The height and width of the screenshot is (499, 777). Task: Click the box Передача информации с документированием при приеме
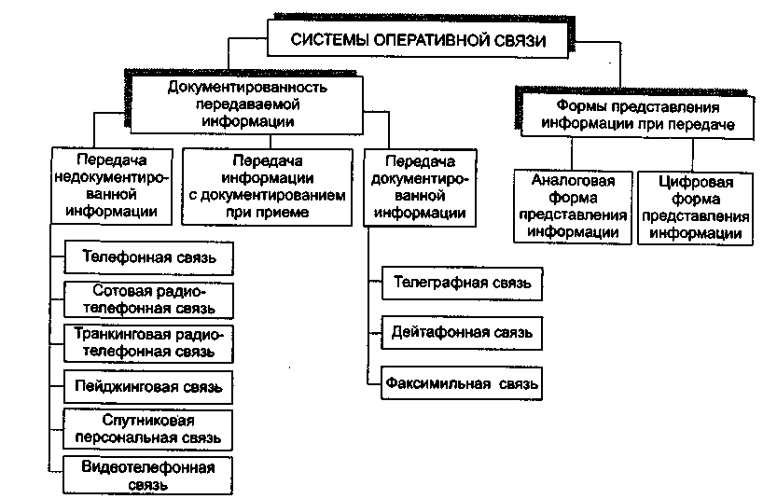click(266, 185)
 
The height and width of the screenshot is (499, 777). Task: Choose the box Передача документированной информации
click(419, 185)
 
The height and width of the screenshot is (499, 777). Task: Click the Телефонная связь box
click(148, 256)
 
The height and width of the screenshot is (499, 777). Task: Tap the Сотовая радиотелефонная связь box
click(148, 298)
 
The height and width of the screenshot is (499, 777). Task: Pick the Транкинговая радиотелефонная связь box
click(148, 342)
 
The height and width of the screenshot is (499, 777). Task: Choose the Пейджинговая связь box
click(148, 384)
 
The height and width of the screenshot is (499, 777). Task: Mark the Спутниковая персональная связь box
click(148, 427)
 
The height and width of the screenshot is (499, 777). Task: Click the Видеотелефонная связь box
click(148, 475)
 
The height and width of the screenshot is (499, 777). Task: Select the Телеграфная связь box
click(462, 282)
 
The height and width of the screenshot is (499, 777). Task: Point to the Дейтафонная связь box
click(462, 331)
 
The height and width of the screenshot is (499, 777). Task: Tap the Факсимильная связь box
click(462, 382)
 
